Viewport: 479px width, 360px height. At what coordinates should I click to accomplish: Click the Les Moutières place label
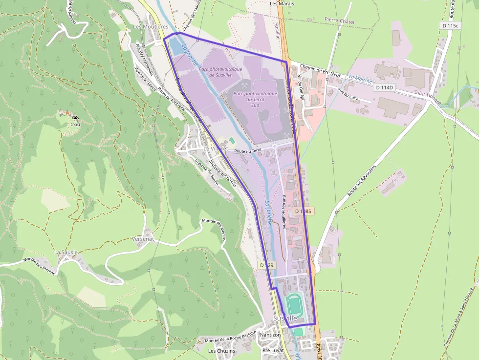pos(151,26)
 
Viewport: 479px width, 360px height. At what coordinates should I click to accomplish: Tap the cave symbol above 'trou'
pos(75,118)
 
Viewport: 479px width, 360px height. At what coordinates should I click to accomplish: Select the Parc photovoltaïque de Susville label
pos(220,72)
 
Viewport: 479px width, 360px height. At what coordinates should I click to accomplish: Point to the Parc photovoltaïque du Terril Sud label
pos(255,99)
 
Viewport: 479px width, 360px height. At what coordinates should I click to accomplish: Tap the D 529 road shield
pos(267,265)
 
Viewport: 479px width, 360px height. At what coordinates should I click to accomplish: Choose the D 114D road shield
pos(385,87)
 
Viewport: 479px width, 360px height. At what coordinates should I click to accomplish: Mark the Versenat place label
pos(143,239)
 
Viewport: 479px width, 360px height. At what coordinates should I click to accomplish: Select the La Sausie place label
pos(66,253)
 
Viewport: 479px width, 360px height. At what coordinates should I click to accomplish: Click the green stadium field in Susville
pos(295,305)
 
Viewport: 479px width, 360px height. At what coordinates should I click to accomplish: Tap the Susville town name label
pos(285,318)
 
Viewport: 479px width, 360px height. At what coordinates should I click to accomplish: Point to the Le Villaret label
pos(216,148)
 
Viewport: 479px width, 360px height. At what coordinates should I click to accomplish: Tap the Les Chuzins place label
pos(221,351)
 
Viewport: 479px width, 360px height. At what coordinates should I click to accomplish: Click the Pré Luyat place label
pos(273,351)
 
